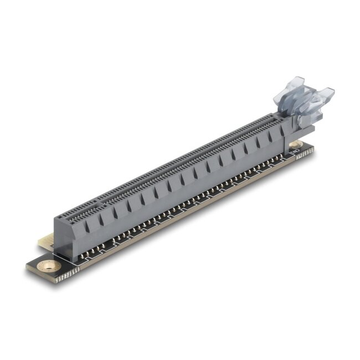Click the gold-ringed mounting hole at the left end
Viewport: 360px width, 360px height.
pyautogui.click(x=50, y=266)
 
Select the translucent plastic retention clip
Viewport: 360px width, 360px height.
pyautogui.click(x=305, y=101)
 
